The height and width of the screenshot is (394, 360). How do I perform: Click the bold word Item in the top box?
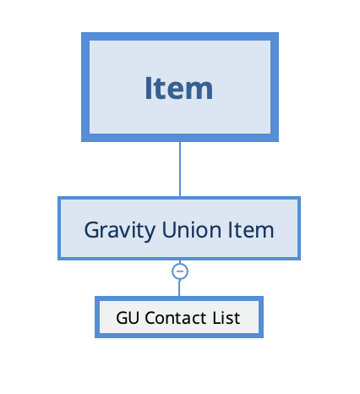point(179,88)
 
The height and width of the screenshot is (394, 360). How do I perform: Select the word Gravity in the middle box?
point(119,231)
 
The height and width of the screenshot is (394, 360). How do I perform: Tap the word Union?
point(192,230)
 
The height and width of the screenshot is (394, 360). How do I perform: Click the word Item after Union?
point(251,230)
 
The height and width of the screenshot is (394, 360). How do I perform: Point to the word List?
point(226,318)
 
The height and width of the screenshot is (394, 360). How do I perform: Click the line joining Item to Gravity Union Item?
point(180,169)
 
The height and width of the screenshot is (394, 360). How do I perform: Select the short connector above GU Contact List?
point(179,287)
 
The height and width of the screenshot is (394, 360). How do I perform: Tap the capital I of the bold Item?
point(148,88)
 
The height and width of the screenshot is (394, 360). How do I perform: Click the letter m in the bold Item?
point(199,90)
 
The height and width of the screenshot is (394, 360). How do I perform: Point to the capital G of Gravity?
point(92,230)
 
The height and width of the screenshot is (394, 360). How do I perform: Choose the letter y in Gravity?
point(149,233)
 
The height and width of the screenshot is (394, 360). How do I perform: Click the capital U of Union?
point(170,230)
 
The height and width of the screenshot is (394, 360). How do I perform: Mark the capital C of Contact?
point(150,318)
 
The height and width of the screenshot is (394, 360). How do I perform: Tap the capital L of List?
point(217,318)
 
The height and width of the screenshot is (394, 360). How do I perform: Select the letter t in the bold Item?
point(159,90)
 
